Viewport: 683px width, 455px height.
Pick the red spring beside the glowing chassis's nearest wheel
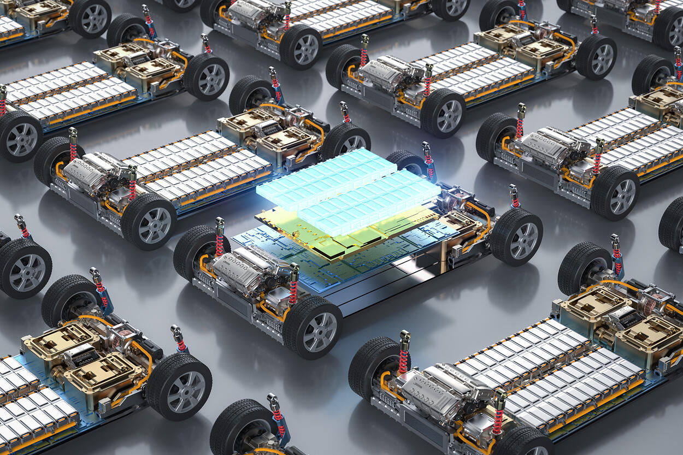click(293, 289)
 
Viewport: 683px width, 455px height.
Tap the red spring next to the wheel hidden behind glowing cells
click(428, 163)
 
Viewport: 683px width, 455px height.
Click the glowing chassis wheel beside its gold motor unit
click(516, 238)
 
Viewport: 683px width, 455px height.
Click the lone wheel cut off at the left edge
click(25, 268)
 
